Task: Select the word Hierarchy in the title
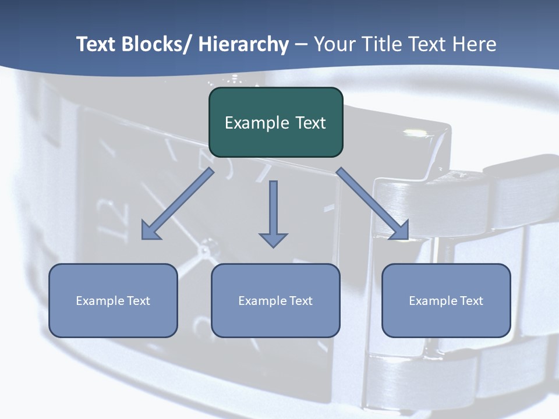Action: click(x=243, y=45)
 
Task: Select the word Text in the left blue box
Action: click(x=139, y=301)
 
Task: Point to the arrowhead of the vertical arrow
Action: click(x=274, y=239)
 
